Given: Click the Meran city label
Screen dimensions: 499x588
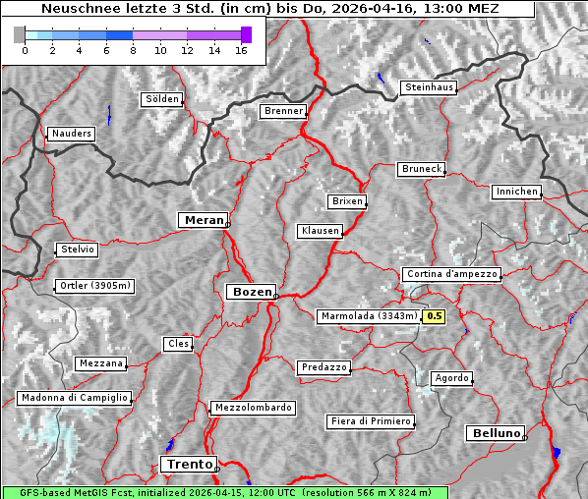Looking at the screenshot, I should pyautogui.click(x=203, y=220).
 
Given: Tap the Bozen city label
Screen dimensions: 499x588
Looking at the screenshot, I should pyautogui.click(x=251, y=292).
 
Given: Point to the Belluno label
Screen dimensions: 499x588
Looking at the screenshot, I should pyautogui.click(x=495, y=432).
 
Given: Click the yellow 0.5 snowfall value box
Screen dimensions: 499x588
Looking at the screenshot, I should pyautogui.click(x=434, y=316).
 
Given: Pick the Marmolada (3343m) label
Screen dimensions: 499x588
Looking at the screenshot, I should pyautogui.click(x=368, y=316).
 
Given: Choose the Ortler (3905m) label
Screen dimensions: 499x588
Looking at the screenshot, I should pyautogui.click(x=93, y=286).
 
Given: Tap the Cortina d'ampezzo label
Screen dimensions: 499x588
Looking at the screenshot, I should pyautogui.click(x=450, y=274).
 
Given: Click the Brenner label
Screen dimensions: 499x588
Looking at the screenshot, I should pyautogui.click(x=283, y=111).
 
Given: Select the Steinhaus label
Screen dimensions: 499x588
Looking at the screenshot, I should pyautogui.click(x=429, y=87).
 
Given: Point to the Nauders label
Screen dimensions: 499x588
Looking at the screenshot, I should pyautogui.click(x=71, y=134).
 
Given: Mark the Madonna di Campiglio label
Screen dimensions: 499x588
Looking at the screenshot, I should pyautogui.click(x=73, y=398).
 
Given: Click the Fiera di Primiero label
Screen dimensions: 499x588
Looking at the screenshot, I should pyautogui.click(x=370, y=421).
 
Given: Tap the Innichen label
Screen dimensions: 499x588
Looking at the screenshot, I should pyautogui.click(x=516, y=192).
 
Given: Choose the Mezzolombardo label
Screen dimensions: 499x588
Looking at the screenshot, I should pyautogui.click(x=252, y=408).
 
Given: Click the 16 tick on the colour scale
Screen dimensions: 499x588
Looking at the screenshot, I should pyautogui.click(x=241, y=50).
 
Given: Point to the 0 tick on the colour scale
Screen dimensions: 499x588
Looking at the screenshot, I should pyautogui.click(x=25, y=50).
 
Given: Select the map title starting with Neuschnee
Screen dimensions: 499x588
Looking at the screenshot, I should pyautogui.click(x=269, y=9).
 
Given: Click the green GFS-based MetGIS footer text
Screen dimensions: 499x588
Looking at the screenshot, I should pyautogui.click(x=224, y=492).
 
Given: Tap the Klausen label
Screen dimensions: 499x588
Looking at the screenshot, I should pyautogui.click(x=319, y=231).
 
